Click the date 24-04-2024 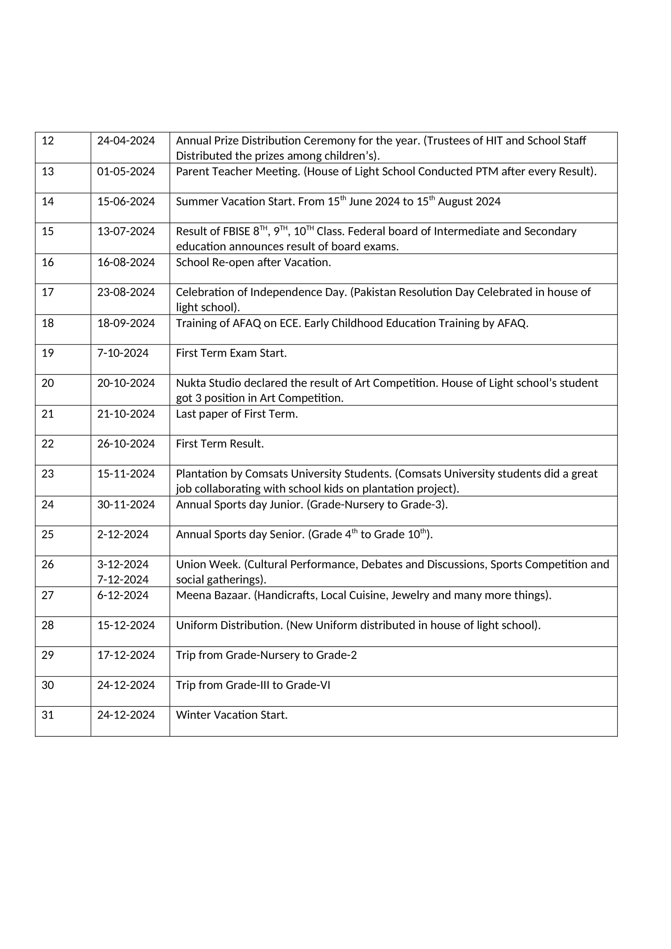click(x=126, y=141)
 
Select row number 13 click(x=48, y=172)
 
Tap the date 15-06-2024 click(x=126, y=202)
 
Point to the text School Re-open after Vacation click(x=253, y=263)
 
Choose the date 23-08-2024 click(x=126, y=292)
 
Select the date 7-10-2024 click(x=123, y=353)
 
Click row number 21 click(x=48, y=414)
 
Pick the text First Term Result click(x=220, y=444)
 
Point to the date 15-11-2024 click(x=126, y=473)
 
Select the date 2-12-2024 click(x=123, y=534)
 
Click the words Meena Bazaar click(x=213, y=595)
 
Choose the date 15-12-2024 click(x=126, y=625)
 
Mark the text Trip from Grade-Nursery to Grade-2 click(x=267, y=655)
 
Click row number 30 click(x=48, y=685)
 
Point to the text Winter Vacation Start click(x=232, y=715)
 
